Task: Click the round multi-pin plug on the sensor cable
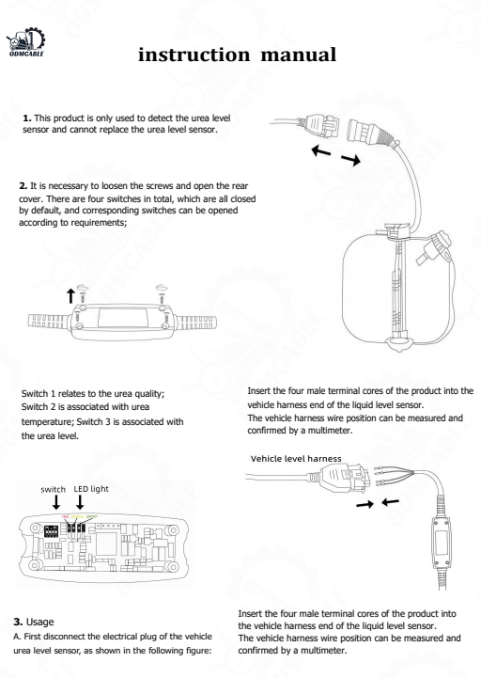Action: [x=339, y=140]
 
